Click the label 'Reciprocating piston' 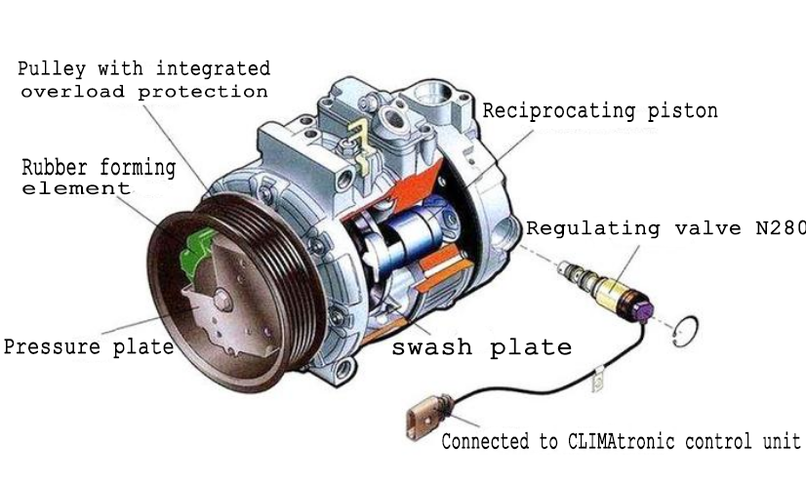[599, 110]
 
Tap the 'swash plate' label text [481, 346]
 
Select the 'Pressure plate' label [88, 346]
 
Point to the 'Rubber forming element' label [98, 177]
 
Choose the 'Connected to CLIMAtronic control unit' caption [621, 441]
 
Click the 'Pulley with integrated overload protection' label [143, 80]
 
